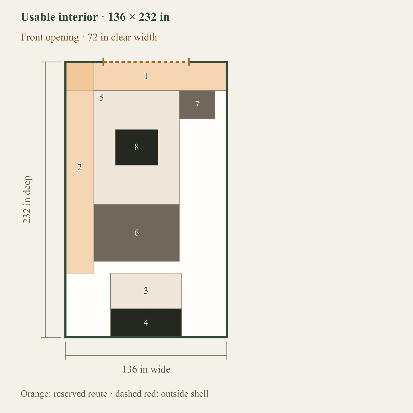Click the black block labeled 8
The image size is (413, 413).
point(137,147)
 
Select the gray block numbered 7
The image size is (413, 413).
point(197,105)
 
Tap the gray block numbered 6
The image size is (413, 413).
point(137,233)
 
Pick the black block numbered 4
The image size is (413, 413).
point(146,323)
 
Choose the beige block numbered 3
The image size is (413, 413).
point(146,291)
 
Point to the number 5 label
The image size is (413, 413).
point(101,98)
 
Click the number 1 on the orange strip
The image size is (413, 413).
point(146,76)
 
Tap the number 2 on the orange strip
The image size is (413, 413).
point(80,167)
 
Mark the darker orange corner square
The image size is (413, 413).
point(80,77)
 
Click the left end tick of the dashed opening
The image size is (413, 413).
point(103,62)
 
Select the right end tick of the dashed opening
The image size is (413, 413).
point(189,62)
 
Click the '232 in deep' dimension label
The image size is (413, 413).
point(27,200)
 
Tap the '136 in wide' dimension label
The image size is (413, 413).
point(146,369)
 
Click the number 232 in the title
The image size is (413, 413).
point(148,17)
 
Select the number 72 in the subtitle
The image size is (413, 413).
point(93,37)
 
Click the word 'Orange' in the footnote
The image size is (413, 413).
point(36,394)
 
